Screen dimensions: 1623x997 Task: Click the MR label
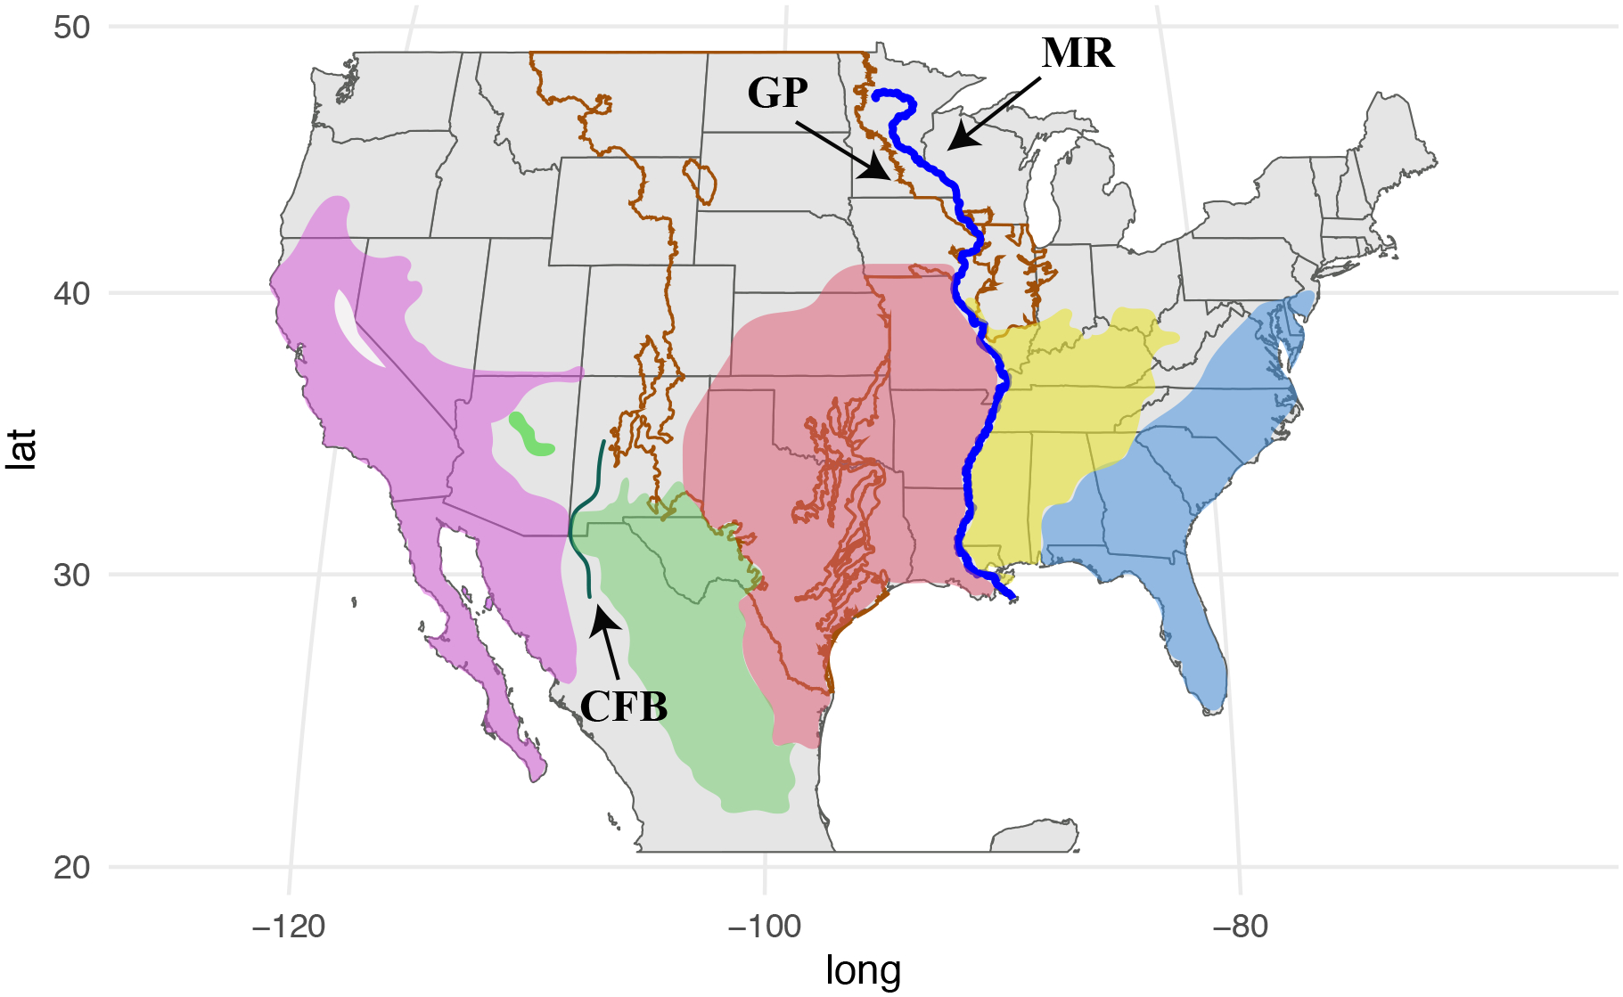pos(1078,54)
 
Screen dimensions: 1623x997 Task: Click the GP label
pos(777,93)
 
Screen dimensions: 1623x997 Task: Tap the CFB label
pos(624,707)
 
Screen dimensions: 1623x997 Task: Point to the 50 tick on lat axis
pos(71,27)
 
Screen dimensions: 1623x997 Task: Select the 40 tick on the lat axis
pos(71,293)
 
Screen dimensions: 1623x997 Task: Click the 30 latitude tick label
pos(71,575)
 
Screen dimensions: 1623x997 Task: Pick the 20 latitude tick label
pos(71,867)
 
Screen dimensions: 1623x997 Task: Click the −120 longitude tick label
pos(289,927)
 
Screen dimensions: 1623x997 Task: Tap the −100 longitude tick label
pos(765,927)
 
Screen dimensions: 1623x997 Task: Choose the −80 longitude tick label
pos(1239,927)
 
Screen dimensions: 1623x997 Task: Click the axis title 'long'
pos(863,970)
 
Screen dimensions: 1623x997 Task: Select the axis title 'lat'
pos(21,448)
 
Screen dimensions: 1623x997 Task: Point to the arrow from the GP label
pos(843,151)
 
